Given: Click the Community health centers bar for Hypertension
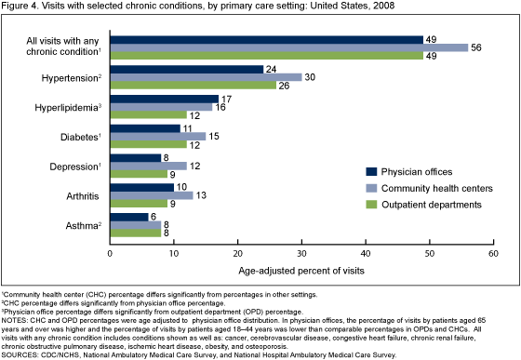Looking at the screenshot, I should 206,77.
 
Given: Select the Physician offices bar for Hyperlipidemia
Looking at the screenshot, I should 165,98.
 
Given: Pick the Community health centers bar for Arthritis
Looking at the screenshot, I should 152,195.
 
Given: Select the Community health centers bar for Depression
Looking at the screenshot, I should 148,166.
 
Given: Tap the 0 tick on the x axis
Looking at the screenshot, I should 110,253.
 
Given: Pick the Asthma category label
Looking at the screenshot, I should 83,224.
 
